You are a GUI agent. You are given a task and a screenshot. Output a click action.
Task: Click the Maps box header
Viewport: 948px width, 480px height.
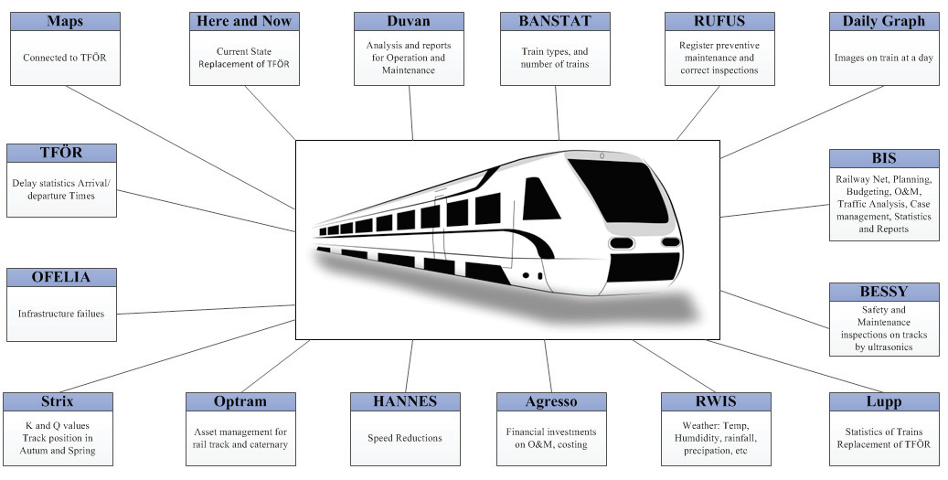[x=65, y=22]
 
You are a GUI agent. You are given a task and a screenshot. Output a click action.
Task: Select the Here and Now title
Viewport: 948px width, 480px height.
[x=244, y=22]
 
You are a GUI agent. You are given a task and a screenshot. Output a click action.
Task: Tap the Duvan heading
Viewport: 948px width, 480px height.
[x=409, y=22]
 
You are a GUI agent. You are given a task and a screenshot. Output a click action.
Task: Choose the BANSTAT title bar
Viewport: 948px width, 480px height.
[x=555, y=22]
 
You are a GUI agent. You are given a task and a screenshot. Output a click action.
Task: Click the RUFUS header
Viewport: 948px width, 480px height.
[x=719, y=22]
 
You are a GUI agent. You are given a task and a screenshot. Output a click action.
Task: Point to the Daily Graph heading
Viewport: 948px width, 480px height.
[x=884, y=22]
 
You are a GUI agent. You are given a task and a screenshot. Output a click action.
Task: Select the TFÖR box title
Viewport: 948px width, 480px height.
[x=61, y=153]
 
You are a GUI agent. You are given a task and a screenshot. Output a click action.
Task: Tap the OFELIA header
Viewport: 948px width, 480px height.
[x=61, y=277]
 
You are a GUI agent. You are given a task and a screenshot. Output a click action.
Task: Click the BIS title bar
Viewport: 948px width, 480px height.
[x=884, y=159]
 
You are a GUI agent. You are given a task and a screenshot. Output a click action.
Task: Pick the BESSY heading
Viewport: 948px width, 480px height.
[x=884, y=292]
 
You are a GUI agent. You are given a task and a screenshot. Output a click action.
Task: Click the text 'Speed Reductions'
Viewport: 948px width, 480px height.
[x=405, y=438]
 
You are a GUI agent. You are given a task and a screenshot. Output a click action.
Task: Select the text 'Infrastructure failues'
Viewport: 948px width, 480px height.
[x=61, y=314]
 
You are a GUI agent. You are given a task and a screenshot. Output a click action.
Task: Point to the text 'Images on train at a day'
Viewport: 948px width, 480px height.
[x=884, y=58]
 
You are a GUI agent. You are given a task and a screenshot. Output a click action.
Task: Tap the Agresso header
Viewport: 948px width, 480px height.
[x=551, y=402]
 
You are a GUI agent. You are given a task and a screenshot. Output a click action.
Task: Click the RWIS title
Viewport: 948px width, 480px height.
[x=716, y=402]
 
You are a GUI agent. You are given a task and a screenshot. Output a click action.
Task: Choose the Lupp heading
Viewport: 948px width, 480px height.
[x=884, y=402]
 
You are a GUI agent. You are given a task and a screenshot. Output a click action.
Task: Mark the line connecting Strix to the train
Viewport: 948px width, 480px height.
[x=176, y=356]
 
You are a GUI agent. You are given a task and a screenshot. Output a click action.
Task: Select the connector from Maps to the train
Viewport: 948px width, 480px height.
[x=181, y=147]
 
